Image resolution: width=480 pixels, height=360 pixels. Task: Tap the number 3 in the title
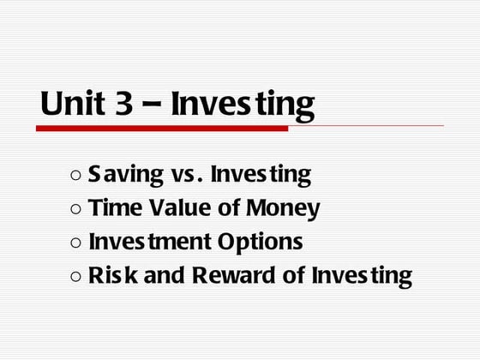coord(121,104)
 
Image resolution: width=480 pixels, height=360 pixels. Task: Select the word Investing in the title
coord(243,104)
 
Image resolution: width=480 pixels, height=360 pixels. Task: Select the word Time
coord(112,208)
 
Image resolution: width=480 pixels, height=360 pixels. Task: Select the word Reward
coord(228,276)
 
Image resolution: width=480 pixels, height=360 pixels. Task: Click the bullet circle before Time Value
coord(75,209)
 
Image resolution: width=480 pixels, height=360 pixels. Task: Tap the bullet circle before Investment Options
coord(75,243)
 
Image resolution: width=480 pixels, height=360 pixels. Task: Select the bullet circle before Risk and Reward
coord(75,277)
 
